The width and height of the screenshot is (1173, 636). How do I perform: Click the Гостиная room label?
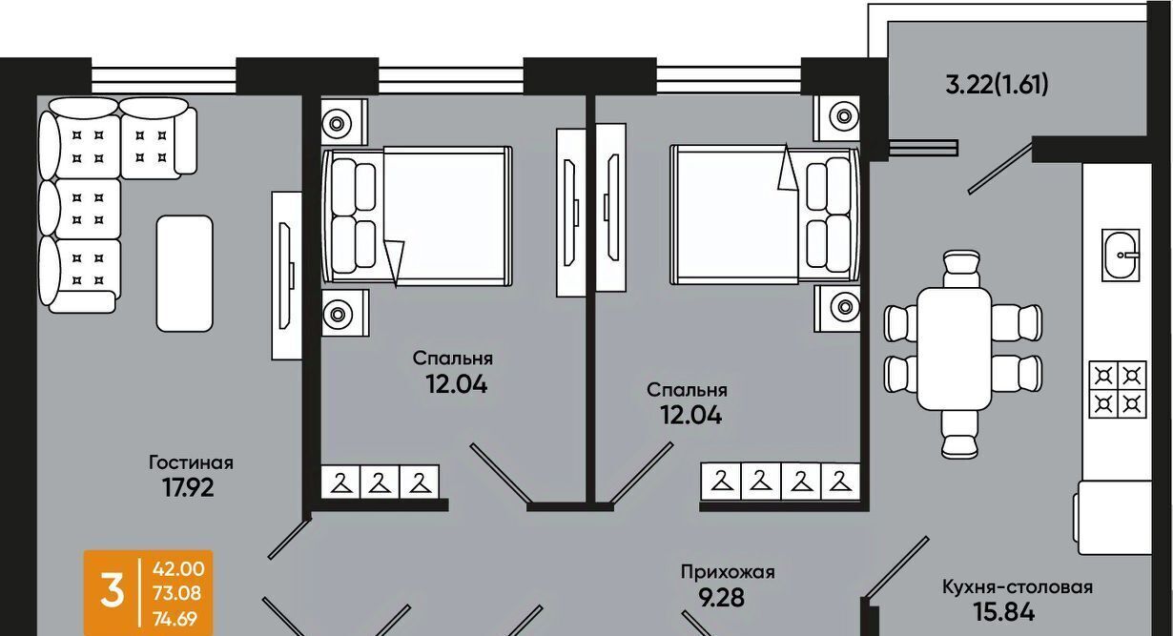click(191, 462)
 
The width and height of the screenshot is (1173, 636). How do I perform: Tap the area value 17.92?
click(188, 488)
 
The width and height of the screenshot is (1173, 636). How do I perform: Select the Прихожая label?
click(728, 572)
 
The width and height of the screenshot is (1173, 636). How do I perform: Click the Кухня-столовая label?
click(1017, 587)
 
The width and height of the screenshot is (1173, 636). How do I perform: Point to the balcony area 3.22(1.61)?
click(997, 84)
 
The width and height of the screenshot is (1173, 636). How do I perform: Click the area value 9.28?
click(722, 598)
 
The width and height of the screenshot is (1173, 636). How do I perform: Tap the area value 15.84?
click(1004, 612)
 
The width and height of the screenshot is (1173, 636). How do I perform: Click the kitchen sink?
click(1121, 255)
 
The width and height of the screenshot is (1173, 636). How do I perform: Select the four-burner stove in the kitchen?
click(1118, 389)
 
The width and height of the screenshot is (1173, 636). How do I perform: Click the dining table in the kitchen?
click(955, 348)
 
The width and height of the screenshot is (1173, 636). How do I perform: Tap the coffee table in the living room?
click(184, 274)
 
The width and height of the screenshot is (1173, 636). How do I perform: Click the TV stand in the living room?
click(286, 276)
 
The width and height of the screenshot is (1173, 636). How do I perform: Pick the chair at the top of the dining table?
click(961, 269)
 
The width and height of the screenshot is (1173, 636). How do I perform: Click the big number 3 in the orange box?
click(113, 592)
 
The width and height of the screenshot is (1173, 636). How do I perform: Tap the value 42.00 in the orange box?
click(178, 569)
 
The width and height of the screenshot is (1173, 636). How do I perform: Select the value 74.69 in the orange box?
click(175, 619)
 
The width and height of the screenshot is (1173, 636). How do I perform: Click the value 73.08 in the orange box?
click(177, 594)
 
